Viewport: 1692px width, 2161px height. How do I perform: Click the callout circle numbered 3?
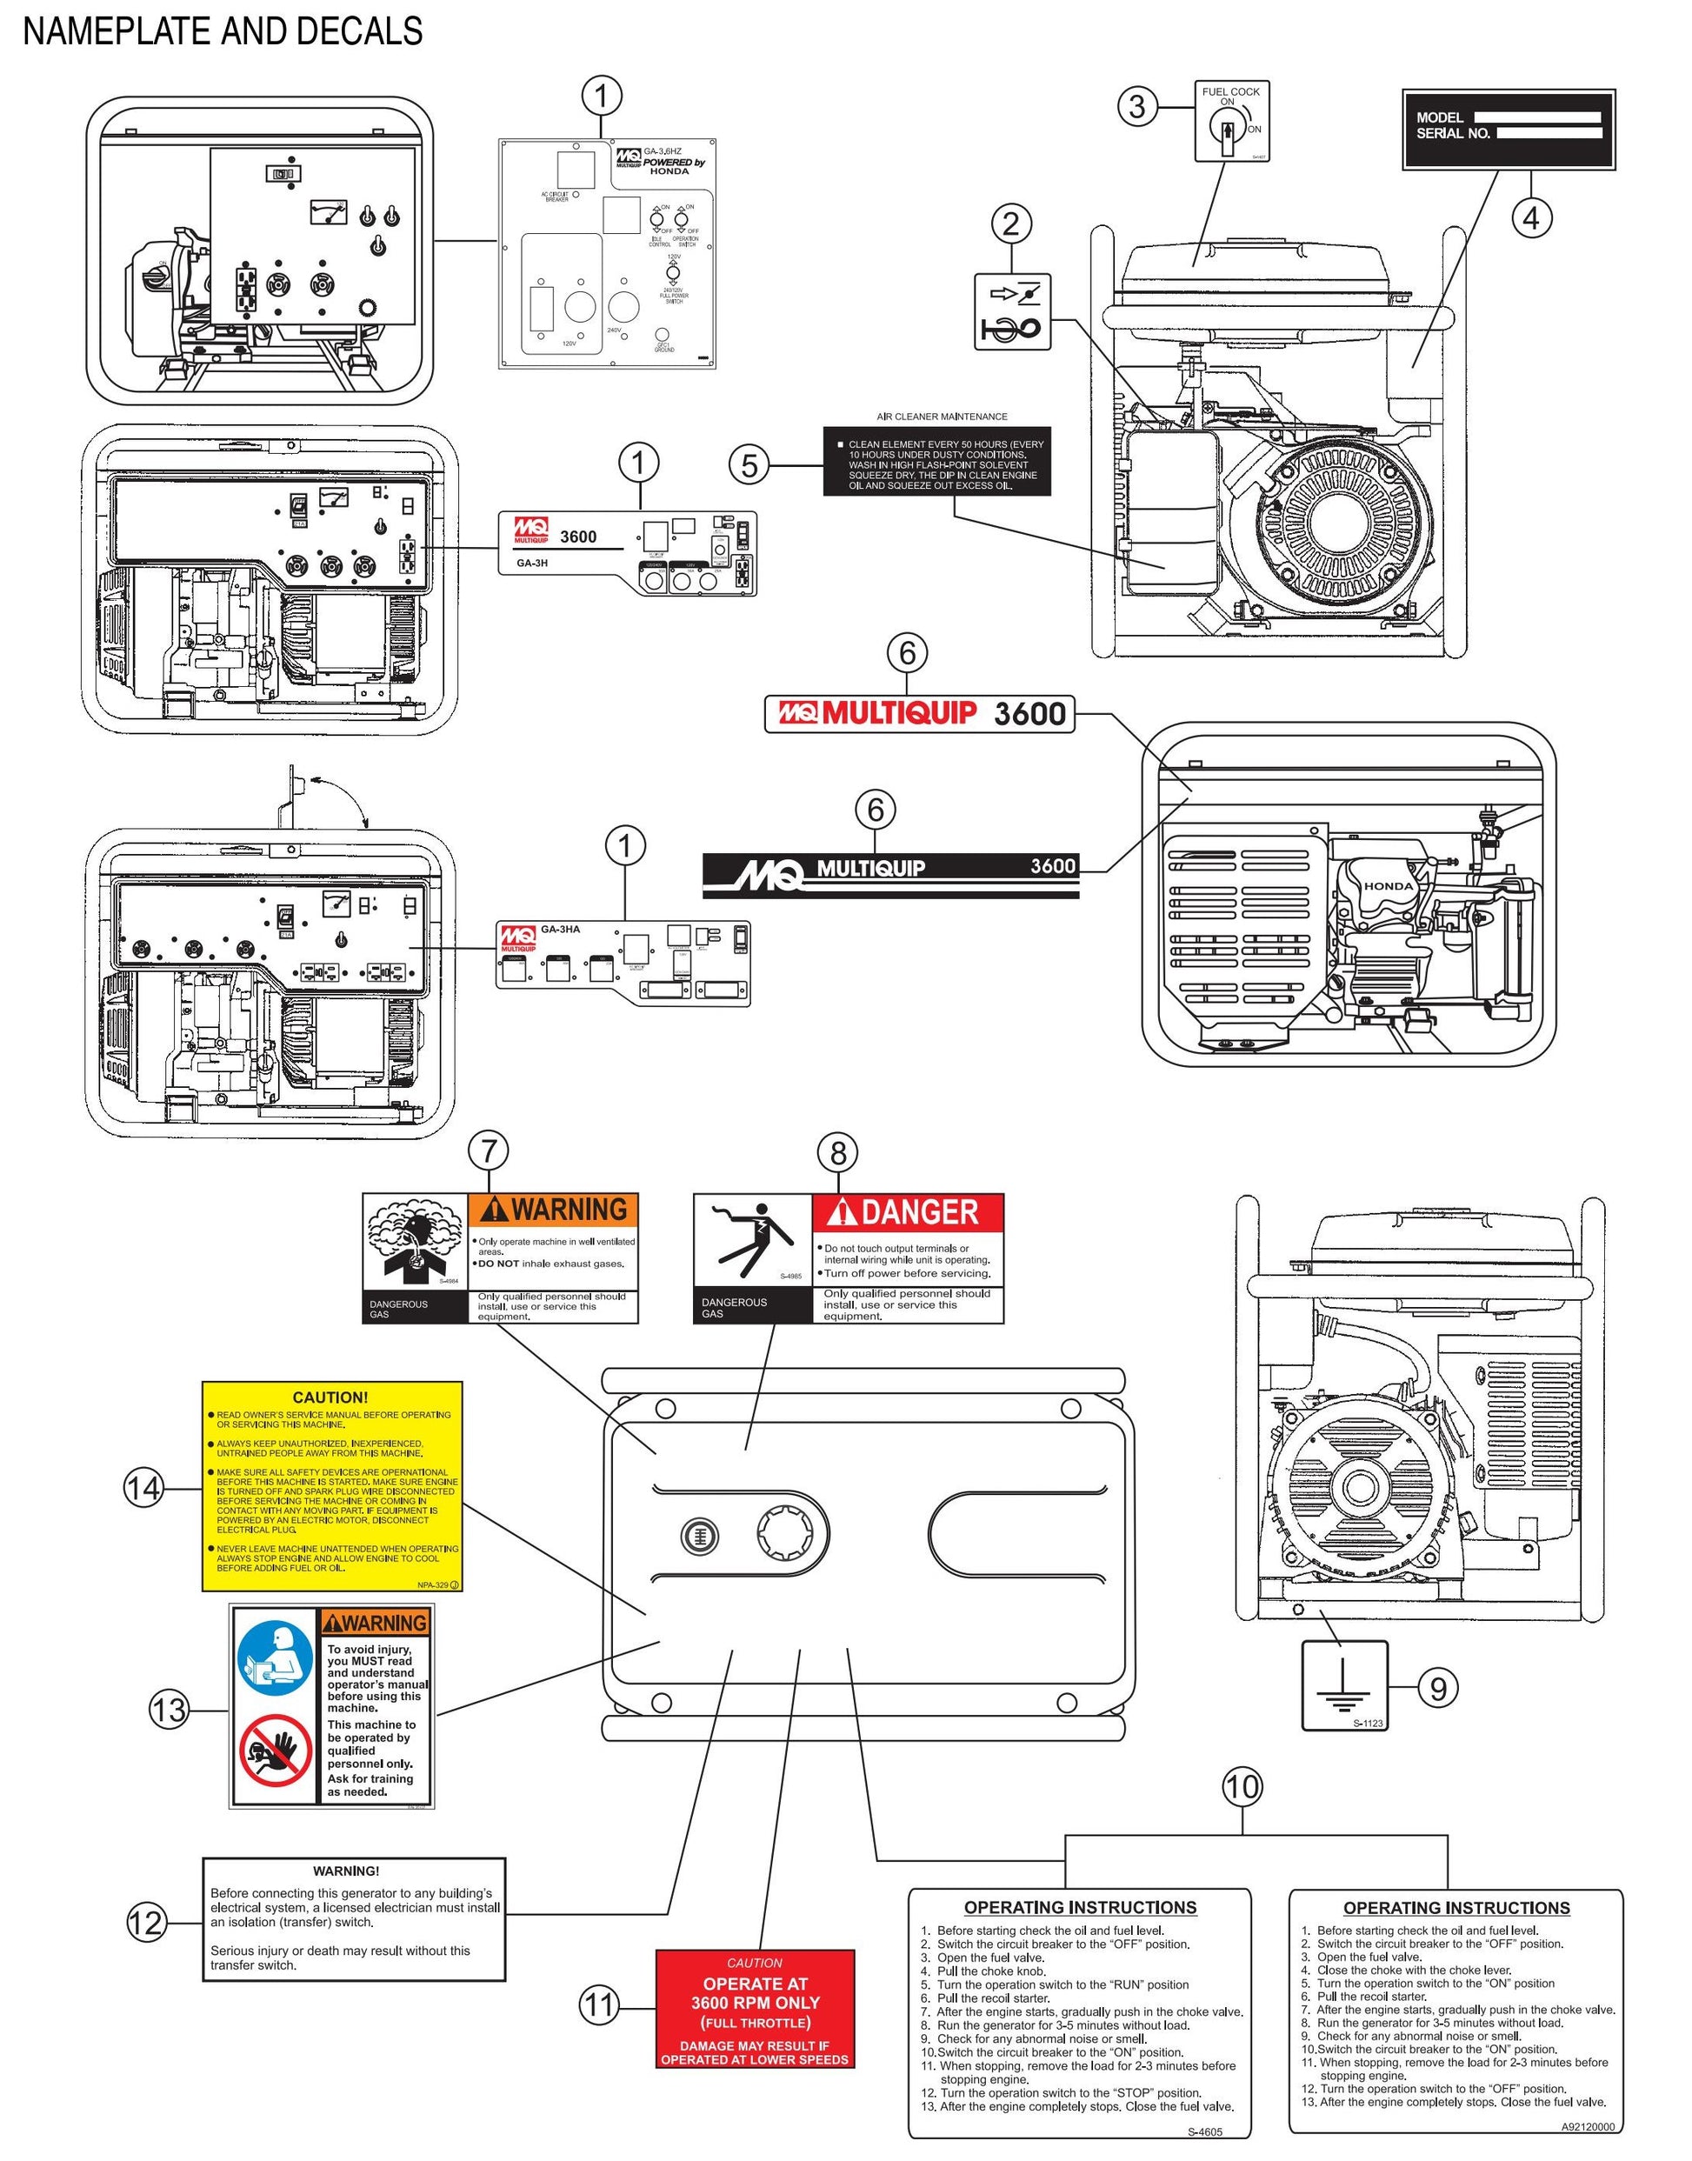coord(1138,106)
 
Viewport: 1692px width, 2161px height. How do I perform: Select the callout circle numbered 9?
coord(1439,1687)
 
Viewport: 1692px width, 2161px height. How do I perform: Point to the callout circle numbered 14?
coord(143,1488)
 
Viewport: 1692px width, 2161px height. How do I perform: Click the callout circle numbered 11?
coord(598,2005)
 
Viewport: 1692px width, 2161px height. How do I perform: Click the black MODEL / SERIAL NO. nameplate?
coord(1509,130)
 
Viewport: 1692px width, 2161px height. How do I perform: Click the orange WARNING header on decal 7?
coord(553,1210)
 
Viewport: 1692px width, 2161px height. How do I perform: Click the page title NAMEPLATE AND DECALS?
coord(223,31)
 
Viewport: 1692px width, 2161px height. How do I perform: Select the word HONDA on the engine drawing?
coord(1389,887)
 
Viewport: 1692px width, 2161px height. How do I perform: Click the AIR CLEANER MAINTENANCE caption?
coord(943,417)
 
